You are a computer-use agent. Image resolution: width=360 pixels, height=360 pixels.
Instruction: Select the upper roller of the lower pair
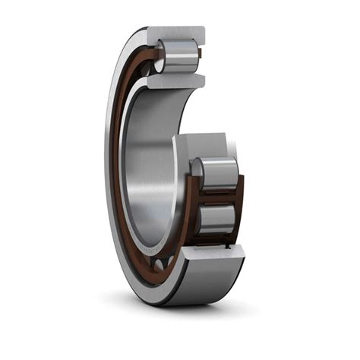[217, 172]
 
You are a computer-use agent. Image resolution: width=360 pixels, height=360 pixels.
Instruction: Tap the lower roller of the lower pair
[216, 219]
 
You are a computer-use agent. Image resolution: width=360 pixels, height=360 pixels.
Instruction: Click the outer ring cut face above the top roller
[175, 34]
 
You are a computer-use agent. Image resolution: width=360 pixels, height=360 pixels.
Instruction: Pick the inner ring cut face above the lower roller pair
[204, 144]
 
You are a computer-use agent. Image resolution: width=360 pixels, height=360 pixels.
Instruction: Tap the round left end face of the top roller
[160, 57]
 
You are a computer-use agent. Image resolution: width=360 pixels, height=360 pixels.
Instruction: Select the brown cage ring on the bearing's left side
[115, 152]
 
